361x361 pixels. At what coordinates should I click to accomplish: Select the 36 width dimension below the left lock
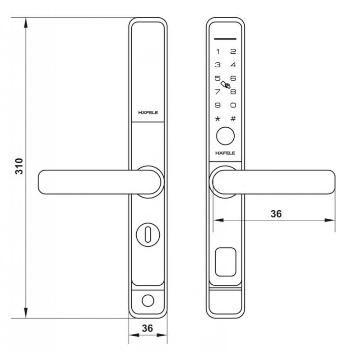coord(147,329)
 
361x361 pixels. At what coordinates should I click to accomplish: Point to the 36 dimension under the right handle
coord(276,213)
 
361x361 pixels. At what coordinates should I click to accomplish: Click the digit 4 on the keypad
coord(233,65)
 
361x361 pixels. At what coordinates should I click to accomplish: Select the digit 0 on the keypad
coord(233,105)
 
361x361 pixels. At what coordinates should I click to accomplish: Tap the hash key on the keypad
coord(233,119)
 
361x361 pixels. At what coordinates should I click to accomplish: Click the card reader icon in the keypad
coord(225,84)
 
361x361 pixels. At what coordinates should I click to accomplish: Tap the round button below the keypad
coord(225,135)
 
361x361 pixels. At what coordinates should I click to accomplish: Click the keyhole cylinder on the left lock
coord(148,233)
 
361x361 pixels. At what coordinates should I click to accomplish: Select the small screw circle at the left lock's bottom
coord(148,300)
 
